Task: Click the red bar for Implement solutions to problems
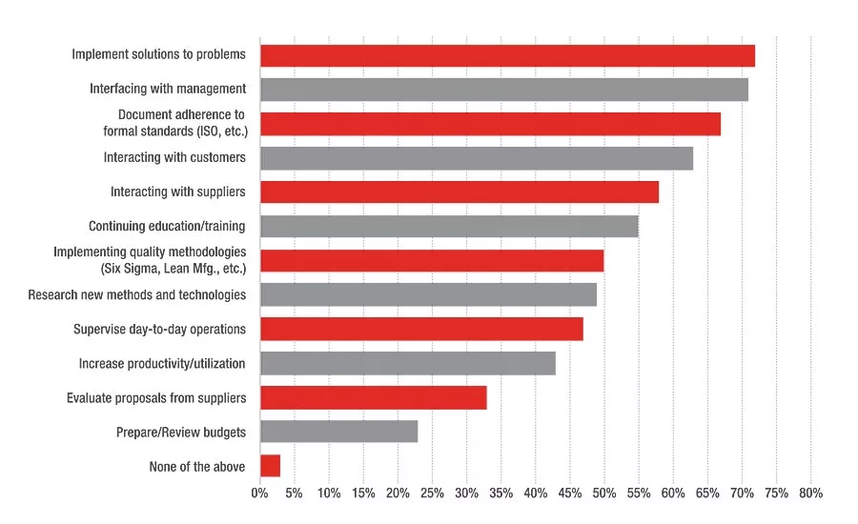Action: (507, 56)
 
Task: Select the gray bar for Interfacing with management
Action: (504, 90)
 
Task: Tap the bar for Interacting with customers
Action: (477, 158)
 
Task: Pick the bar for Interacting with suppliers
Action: (460, 192)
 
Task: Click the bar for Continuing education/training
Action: (449, 227)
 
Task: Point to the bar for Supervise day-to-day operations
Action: (422, 330)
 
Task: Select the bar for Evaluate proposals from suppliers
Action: (374, 397)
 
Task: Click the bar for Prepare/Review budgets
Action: (339, 432)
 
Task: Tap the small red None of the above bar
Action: (271, 466)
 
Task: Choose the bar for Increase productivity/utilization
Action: (408, 364)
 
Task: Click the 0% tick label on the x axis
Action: (260, 494)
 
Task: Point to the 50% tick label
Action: (604, 494)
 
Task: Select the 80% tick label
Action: (811, 494)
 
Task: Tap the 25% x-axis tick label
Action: (432, 494)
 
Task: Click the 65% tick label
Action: (707, 494)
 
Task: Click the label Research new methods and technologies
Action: (136, 294)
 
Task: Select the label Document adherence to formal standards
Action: (175, 123)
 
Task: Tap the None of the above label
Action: (197, 467)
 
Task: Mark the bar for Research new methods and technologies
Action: (428, 294)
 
